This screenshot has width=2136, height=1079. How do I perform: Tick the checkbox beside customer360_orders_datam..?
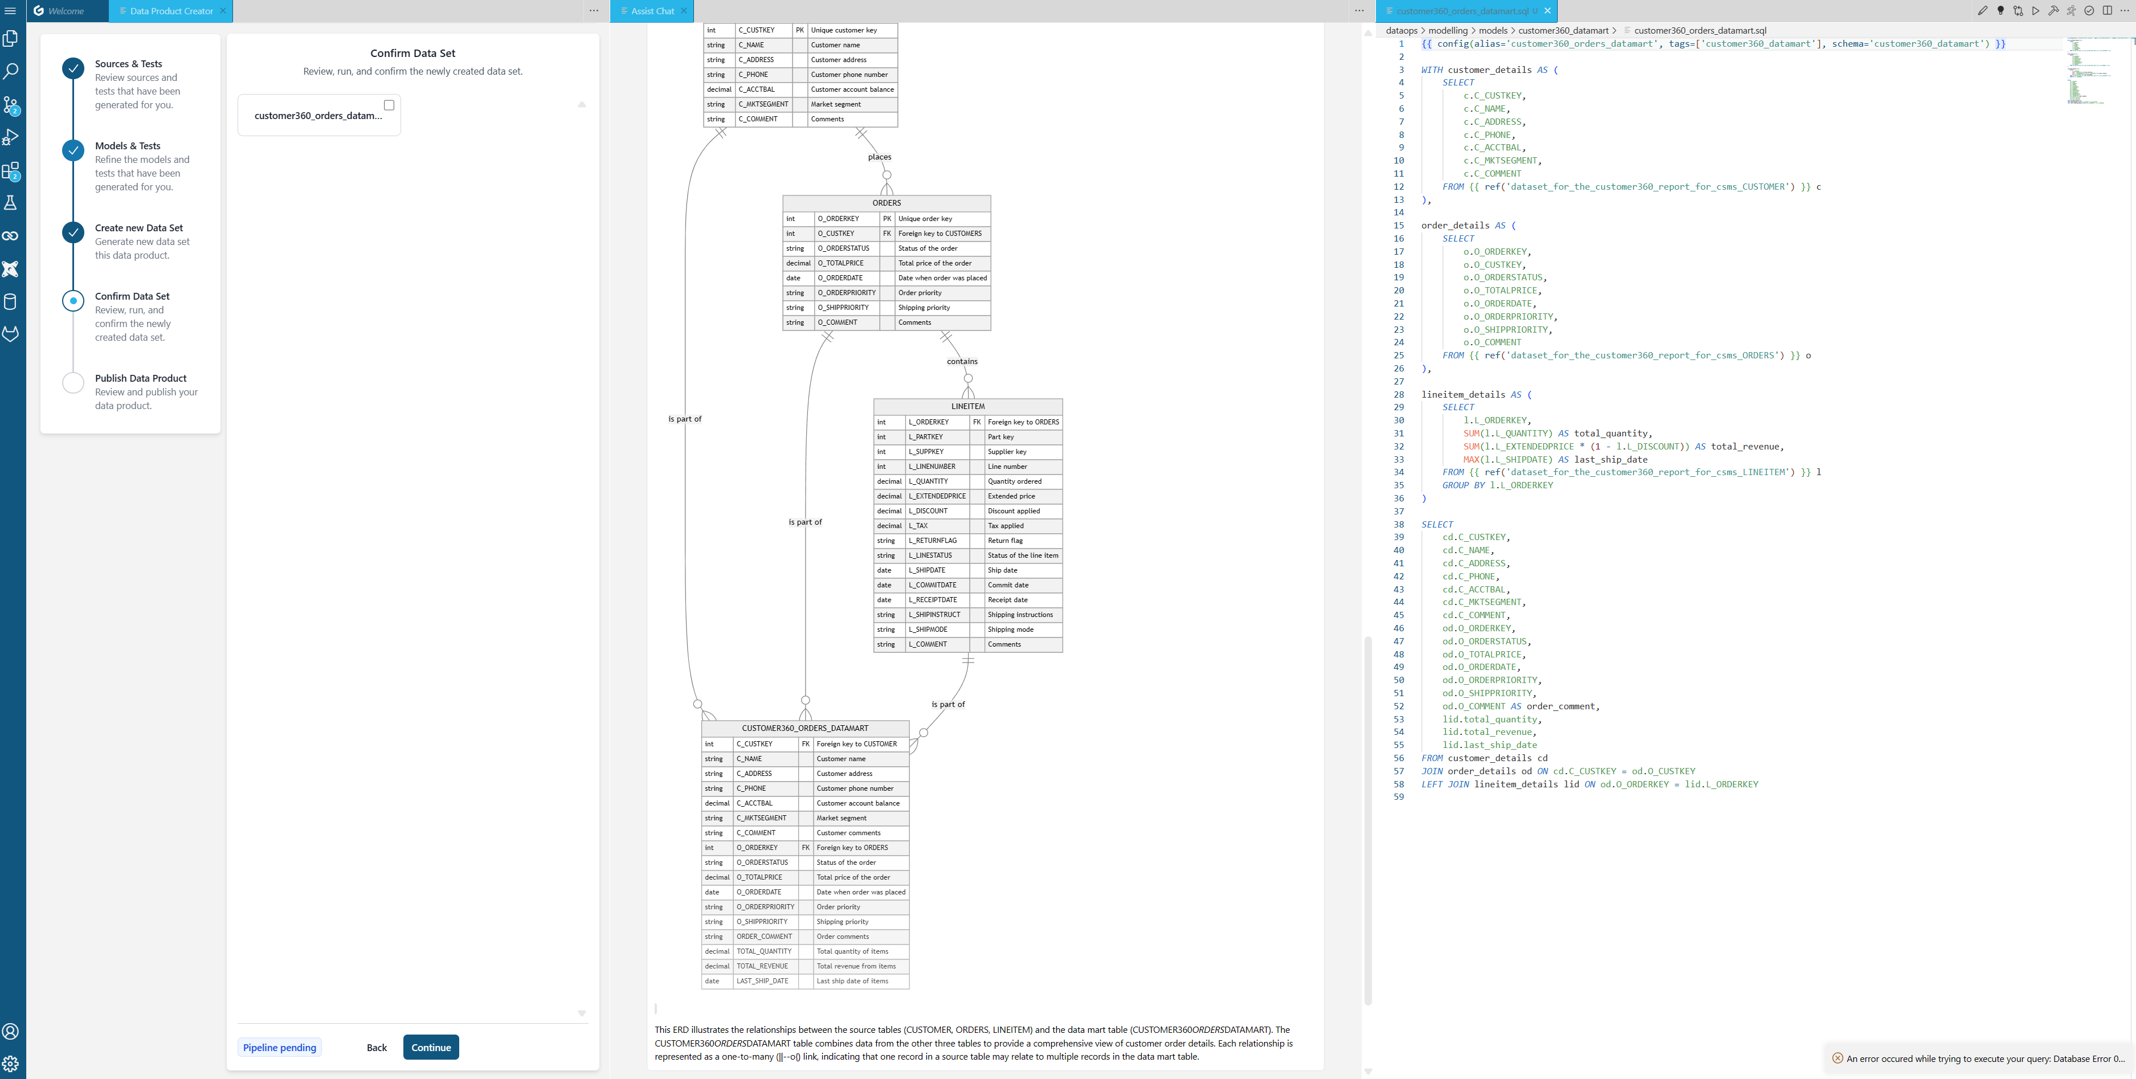coord(389,105)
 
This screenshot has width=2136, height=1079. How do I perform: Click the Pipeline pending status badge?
coord(279,1048)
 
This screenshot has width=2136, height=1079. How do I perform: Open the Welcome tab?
coord(66,11)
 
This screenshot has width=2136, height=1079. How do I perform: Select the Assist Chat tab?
coord(652,11)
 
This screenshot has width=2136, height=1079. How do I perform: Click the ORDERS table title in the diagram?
coord(887,203)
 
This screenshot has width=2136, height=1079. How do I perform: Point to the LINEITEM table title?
coord(967,406)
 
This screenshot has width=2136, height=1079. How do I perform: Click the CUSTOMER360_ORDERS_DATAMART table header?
coord(804,728)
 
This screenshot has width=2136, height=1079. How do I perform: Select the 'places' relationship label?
coord(879,157)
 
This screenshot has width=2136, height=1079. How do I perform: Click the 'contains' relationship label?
coord(962,362)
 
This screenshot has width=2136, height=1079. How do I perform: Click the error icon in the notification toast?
coord(1837,1058)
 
